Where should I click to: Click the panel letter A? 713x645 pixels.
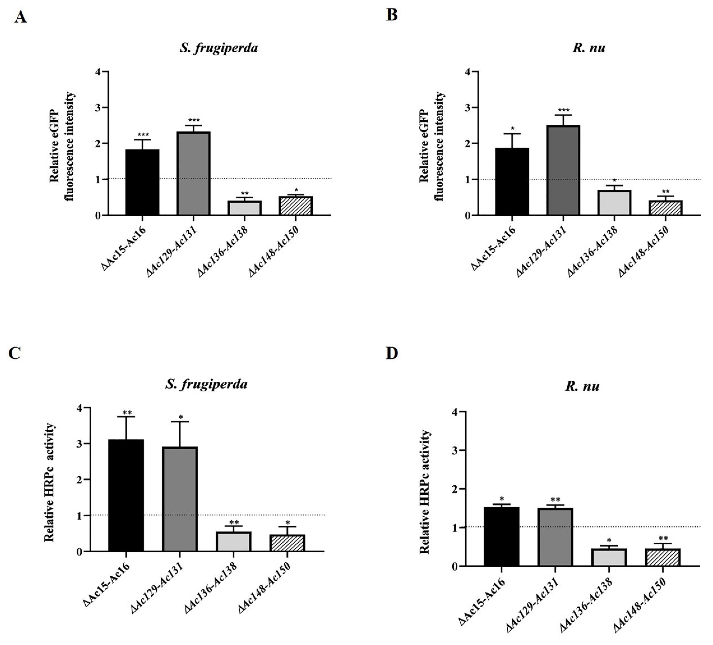[21, 17]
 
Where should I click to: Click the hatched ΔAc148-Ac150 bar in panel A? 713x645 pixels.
[296, 206]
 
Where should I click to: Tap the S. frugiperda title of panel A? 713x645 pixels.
[219, 48]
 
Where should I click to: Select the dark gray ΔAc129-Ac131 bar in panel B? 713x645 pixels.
[563, 170]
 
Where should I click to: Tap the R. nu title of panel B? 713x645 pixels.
[588, 48]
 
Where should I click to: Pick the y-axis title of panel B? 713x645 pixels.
[431, 146]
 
